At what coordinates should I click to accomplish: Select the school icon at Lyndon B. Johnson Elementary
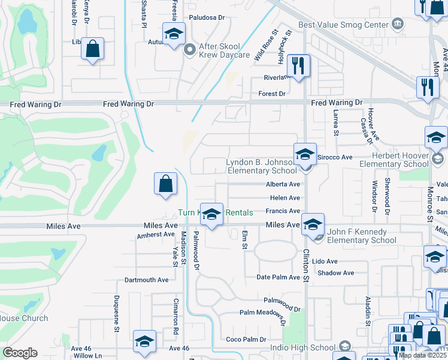coord(305,154)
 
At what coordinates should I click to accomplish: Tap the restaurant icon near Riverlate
coord(297,65)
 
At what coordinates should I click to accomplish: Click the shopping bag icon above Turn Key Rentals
coord(165,184)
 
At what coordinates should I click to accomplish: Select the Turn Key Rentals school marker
coord(211,214)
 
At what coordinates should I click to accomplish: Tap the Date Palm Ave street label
coord(278,277)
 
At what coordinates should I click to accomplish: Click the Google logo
coord(20,353)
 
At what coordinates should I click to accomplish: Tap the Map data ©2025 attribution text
coord(422,355)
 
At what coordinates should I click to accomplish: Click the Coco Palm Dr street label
coord(246,340)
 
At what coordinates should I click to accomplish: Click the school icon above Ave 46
coord(144,341)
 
